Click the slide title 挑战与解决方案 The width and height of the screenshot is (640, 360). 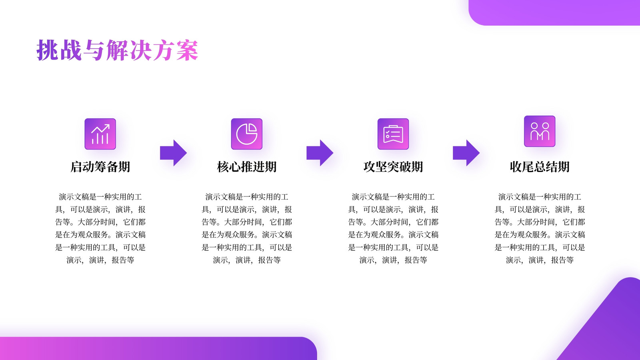[x=117, y=50]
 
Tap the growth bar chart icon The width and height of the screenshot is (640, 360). [x=100, y=134]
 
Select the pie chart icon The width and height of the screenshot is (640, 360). [x=246, y=134]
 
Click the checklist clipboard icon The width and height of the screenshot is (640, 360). [x=393, y=134]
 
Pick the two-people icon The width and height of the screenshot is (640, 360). [x=540, y=131]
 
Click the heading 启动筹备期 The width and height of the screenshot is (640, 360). [x=100, y=167]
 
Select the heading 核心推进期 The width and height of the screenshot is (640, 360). [x=246, y=167]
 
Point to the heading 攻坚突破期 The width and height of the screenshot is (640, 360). [x=393, y=167]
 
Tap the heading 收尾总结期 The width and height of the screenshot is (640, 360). [x=540, y=167]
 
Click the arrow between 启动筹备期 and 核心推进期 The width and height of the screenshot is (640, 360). [x=173, y=153]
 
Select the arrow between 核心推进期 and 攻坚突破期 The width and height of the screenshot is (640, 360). [x=320, y=153]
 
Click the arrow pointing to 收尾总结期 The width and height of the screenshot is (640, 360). [x=466, y=153]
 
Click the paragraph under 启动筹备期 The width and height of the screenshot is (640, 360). [x=100, y=228]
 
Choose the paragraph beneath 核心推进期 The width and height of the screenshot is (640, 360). [x=246, y=228]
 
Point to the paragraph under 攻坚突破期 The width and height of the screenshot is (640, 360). [x=393, y=228]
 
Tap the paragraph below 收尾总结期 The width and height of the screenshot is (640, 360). [x=540, y=228]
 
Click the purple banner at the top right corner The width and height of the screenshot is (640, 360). [x=554, y=12]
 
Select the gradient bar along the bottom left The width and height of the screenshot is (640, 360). [x=158, y=348]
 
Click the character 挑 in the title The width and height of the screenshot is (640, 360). [x=47, y=50]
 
